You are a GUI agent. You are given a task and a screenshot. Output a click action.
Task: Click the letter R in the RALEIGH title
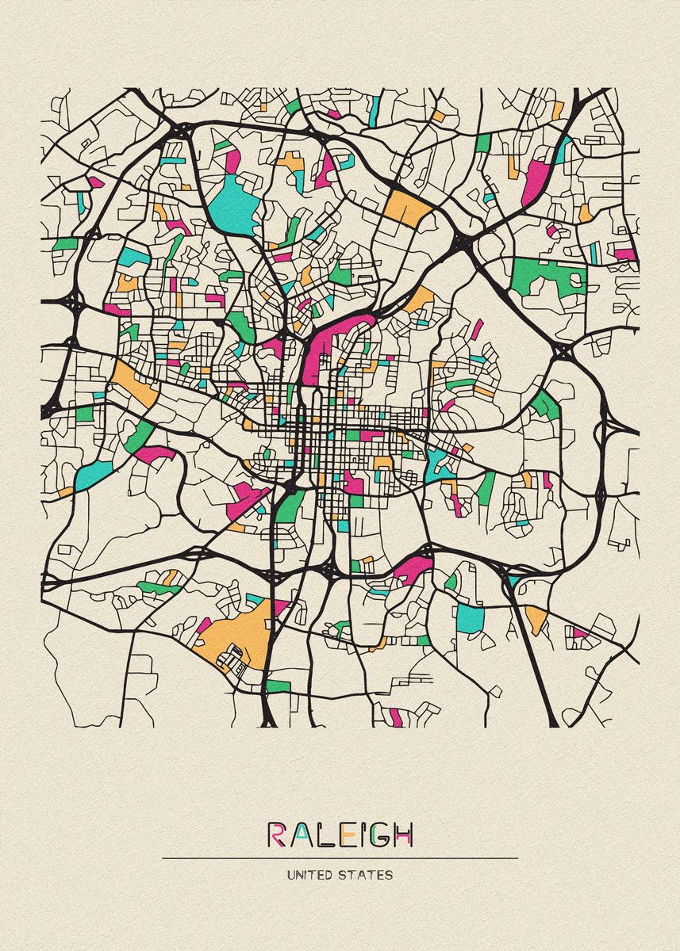click(277, 835)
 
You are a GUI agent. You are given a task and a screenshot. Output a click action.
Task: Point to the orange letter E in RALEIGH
click(340, 835)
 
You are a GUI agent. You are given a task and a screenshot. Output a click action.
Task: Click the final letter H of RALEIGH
click(402, 835)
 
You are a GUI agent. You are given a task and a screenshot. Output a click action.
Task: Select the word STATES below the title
click(367, 875)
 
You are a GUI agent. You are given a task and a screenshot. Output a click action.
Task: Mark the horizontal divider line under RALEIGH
click(340, 857)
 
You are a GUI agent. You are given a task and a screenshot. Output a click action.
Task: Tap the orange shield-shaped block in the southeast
click(536, 617)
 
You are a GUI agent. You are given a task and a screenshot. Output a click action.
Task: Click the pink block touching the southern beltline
click(413, 568)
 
